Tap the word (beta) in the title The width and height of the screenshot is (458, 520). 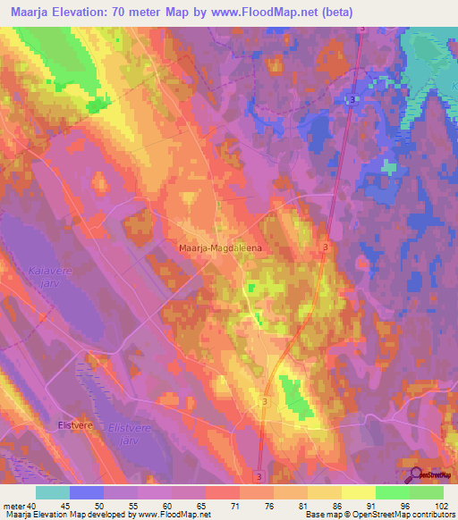coord(337,13)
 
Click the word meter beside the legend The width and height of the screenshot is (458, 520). coord(14,505)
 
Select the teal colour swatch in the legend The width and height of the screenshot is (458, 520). coord(53,492)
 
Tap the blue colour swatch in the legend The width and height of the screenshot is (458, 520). coord(87,492)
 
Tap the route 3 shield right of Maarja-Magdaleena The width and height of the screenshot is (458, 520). coord(325,246)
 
